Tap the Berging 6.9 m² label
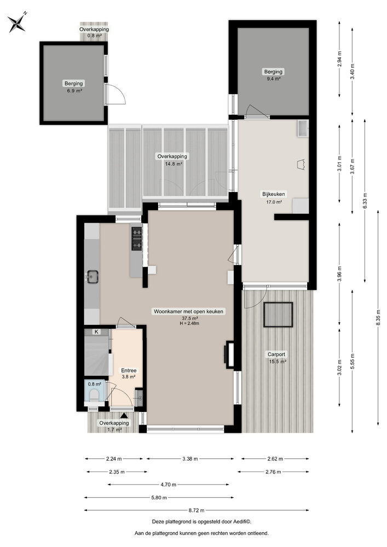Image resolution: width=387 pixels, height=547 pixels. [x=73, y=87]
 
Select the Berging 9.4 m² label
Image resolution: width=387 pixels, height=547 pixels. [x=273, y=75]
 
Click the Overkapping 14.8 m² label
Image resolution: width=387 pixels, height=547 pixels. [x=170, y=159]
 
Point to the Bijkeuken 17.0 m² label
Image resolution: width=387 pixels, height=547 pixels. [x=274, y=197]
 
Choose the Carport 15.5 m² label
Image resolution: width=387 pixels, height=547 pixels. [x=278, y=357]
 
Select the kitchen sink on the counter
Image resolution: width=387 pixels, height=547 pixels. [x=92, y=277]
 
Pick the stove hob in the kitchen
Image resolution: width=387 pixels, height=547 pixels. [x=136, y=239]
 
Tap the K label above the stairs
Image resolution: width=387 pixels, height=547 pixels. [x=97, y=331]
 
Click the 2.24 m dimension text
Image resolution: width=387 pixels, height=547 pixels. [x=114, y=459]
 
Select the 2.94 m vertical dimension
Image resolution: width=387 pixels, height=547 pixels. [x=339, y=59]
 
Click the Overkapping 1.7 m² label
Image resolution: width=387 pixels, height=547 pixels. [x=114, y=426]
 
